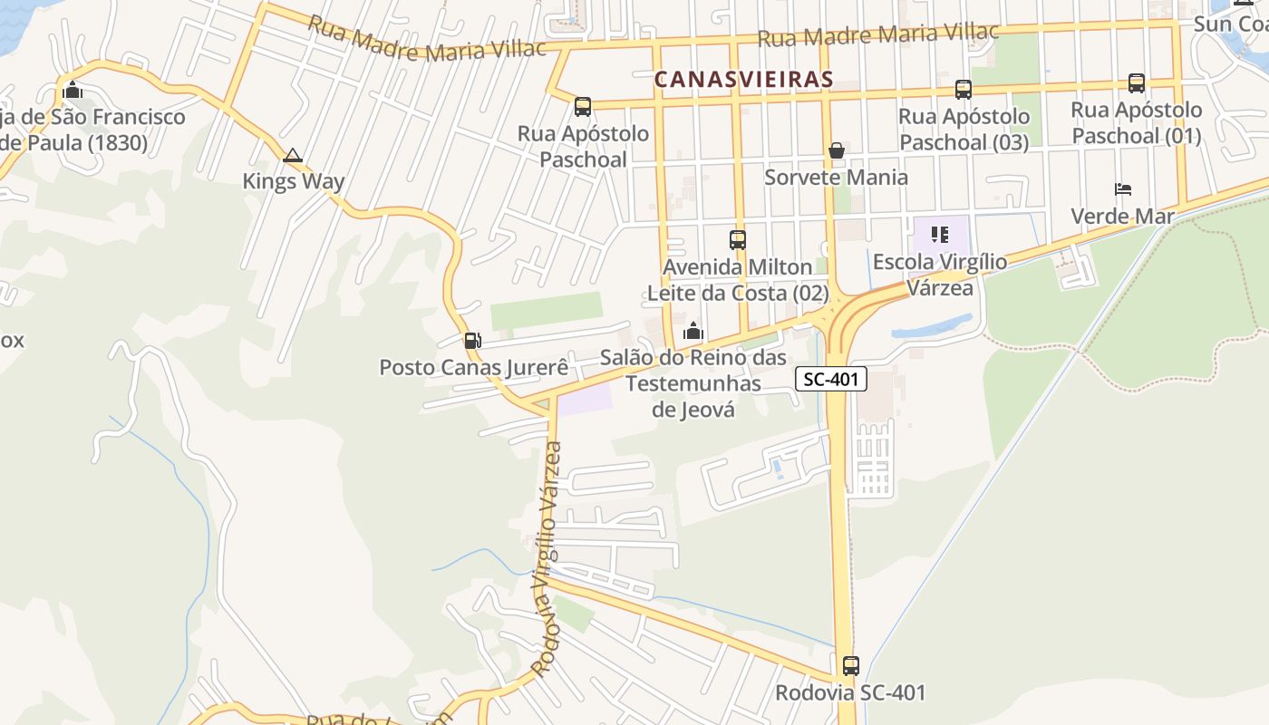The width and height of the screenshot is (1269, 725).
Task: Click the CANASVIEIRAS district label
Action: click(743, 80)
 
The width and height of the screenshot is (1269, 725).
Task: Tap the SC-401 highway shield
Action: click(831, 379)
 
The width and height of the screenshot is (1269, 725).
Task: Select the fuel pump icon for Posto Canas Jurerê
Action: click(472, 341)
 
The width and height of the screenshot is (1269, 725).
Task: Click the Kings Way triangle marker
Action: click(292, 156)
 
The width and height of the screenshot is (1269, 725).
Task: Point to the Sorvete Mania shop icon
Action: click(837, 150)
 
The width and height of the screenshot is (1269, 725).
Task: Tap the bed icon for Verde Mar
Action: click(1123, 189)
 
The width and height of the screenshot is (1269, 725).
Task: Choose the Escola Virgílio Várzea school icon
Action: click(940, 236)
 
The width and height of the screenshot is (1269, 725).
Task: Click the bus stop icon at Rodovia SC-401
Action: click(850, 666)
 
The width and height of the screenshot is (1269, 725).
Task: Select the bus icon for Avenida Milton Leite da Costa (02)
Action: click(738, 240)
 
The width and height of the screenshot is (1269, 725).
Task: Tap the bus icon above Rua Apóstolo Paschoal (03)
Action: click(964, 90)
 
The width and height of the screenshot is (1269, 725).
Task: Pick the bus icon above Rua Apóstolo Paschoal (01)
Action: click(1137, 83)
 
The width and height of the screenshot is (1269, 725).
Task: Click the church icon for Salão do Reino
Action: click(693, 331)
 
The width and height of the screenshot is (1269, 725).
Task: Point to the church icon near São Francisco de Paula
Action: click(73, 90)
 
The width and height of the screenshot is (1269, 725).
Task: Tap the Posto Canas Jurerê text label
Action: click(473, 367)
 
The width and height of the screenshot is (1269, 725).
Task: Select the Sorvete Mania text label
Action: click(836, 177)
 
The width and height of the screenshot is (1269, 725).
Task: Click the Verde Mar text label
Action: click(1122, 216)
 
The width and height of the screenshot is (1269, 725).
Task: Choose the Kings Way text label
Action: click(293, 181)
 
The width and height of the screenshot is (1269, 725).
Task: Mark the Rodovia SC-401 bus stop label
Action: click(850, 693)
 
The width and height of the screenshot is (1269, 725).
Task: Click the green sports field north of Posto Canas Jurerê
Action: click(546, 310)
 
